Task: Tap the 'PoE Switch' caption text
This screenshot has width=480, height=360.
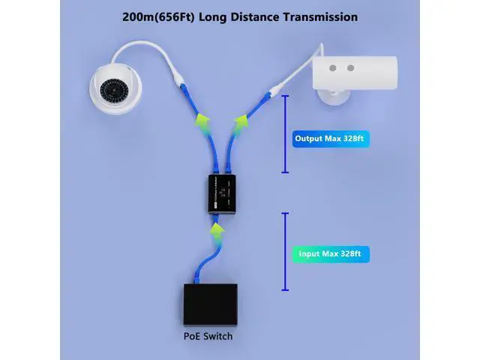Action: tap(208, 336)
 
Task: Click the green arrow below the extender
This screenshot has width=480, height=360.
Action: tap(216, 229)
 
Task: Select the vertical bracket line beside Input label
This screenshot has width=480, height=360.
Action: tap(284, 252)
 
